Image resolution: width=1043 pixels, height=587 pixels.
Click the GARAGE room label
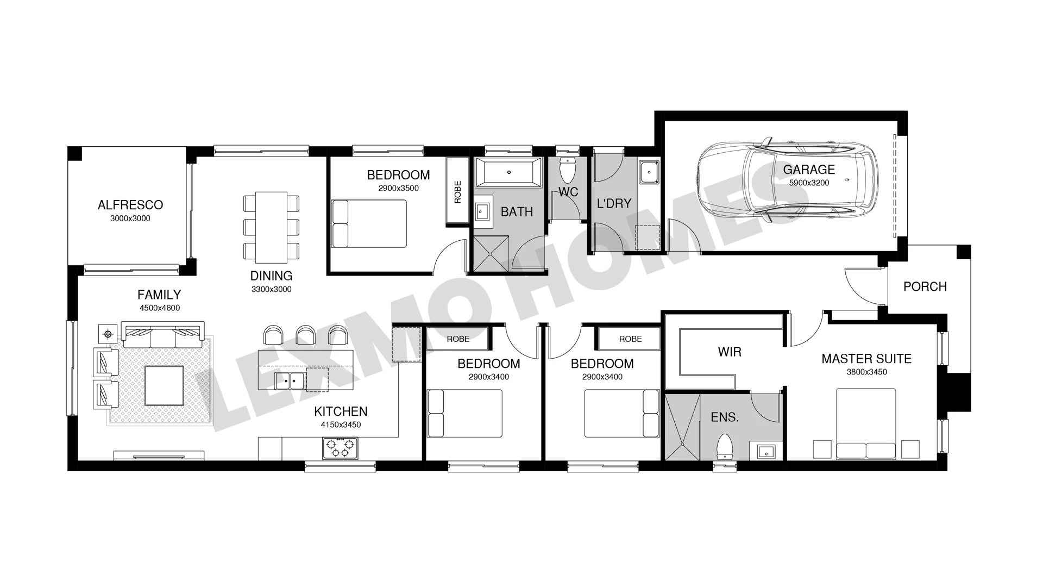coord(809,170)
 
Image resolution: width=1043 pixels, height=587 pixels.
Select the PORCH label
coord(925,286)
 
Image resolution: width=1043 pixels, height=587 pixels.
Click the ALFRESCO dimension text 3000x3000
coord(130,218)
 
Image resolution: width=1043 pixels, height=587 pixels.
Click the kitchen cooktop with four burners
coord(341,448)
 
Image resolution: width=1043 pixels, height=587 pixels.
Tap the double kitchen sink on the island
coord(290,380)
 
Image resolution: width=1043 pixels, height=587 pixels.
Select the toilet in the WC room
coord(568,170)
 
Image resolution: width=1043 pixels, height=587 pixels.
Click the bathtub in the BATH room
coord(508,172)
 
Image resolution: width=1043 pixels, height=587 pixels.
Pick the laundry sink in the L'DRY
coord(649,172)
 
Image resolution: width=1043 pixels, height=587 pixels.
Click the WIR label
coord(730,352)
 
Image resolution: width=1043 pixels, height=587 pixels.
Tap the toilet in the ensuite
coord(725,447)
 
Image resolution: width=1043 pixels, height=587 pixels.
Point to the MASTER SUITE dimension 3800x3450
coord(866,372)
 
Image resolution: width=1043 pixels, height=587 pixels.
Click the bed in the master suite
coord(866,423)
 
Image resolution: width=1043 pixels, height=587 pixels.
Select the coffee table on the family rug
coord(164,385)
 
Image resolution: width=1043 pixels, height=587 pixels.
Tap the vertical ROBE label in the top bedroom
coord(457,192)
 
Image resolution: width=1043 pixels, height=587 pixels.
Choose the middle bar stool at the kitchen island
coord(305,335)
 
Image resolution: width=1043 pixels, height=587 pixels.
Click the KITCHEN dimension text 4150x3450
coord(341,425)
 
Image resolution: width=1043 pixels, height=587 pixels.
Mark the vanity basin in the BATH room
coord(482,210)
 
